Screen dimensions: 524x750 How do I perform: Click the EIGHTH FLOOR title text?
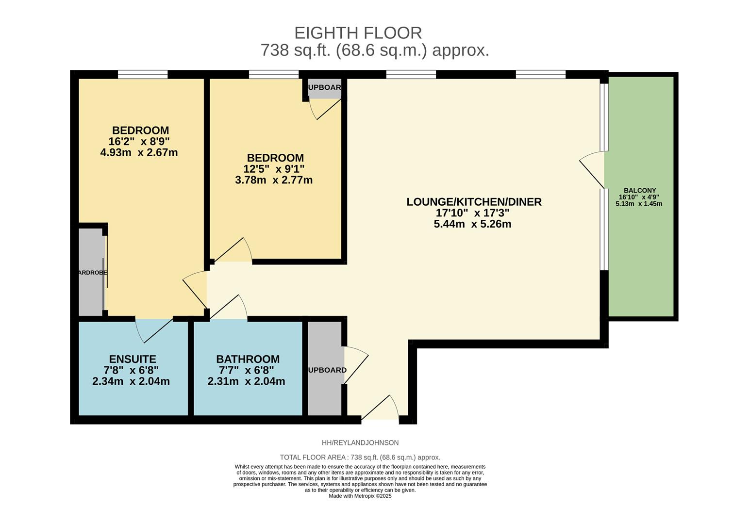click(358, 33)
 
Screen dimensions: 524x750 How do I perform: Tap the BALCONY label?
click(639, 191)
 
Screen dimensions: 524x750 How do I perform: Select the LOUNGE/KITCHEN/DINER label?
click(474, 202)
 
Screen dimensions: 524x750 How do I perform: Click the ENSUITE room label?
click(133, 359)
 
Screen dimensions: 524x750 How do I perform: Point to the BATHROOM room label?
click(248, 359)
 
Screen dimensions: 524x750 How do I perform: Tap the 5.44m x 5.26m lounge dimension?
click(472, 224)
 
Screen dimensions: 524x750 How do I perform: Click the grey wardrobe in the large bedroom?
click(91, 272)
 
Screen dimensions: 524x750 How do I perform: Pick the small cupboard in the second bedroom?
click(324, 89)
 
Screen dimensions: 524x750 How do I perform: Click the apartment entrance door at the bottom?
click(381, 410)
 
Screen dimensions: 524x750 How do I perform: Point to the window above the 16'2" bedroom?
click(143, 74)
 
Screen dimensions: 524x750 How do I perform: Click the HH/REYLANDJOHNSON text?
click(360, 442)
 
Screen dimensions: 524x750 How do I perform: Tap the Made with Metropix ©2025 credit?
click(360, 496)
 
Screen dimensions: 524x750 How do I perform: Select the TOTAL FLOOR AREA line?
click(360, 457)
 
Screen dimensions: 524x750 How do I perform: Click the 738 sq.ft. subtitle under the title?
click(374, 50)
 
